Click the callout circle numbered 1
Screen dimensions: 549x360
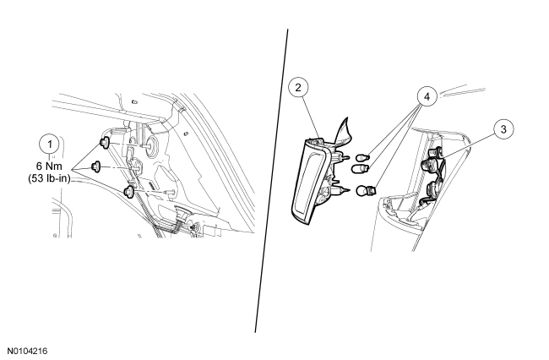click(x=49, y=145)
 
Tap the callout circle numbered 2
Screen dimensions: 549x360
click(x=298, y=88)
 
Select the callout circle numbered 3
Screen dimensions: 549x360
click(x=503, y=129)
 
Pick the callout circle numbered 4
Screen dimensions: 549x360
click(x=427, y=96)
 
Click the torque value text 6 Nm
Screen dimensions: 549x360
click(x=49, y=166)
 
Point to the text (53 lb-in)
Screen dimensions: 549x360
click(x=49, y=178)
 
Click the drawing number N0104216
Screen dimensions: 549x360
click(x=27, y=351)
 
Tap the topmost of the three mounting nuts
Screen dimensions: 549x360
click(x=105, y=143)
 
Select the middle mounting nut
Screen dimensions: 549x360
click(x=95, y=166)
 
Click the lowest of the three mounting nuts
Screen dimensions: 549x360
click(x=128, y=192)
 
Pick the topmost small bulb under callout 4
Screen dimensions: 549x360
click(x=361, y=157)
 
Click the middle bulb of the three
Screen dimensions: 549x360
click(x=361, y=169)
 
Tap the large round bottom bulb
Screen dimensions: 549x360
click(x=366, y=191)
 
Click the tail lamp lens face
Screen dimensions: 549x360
click(x=308, y=182)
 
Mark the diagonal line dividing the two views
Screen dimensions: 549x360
click(x=271, y=181)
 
